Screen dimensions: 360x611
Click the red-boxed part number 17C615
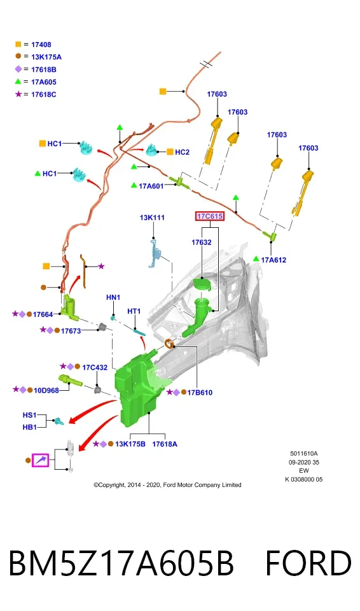point(210,216)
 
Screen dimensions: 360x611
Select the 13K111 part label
point(152,218)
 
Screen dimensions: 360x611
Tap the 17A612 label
point(273,260)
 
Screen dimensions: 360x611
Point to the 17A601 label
point(151,186)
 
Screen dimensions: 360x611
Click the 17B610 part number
point(200,393)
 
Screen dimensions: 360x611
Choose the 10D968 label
point(46,390)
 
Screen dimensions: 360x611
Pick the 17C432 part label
point(95,367)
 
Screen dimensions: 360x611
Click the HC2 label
point(182,152)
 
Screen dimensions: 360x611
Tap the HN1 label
point(113,297)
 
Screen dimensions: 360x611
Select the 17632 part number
point(202,242)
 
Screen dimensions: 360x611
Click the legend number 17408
point(41,45)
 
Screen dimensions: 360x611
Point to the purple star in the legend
point(18,94)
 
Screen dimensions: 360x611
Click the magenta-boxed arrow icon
point(41,460)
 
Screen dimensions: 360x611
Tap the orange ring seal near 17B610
point(169,344)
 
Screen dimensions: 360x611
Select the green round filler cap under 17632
point(202,284)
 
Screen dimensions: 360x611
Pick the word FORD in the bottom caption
point(308,563)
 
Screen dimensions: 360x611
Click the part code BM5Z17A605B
point(121,563)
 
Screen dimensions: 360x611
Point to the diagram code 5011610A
point(304,454)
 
